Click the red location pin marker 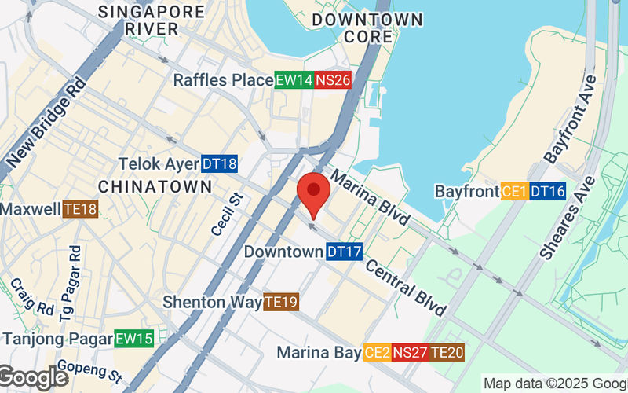pyautogui.click(x=314, y=191)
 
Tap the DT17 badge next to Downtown pyautogui.click(x=344, y=252)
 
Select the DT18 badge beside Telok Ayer pyautogui.click(x=219, y=164)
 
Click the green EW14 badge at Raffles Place pyautogui.click(x=294, y=80)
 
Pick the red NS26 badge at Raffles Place pyautogui.click(x=332, y=80)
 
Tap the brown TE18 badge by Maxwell pyautogui.click(x=81, y=210)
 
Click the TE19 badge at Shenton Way pyautogui.click(x=281, y=302)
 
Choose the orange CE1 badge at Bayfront pyautogui.click(x=514, y=191)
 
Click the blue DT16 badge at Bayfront pyautogui.click(x=547, y=191)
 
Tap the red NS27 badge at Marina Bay pyautogui.click(x=410, y=353)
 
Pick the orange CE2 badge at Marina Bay pyautogui.click(x=377, y=353)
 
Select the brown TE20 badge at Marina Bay pyautogui.click(x=447, y=353)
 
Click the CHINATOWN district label pyautogui.click(x=155, y=186)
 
